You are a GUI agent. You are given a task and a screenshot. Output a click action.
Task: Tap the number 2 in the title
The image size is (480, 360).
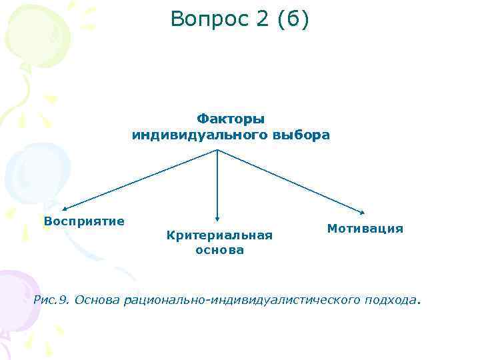click(255, 19)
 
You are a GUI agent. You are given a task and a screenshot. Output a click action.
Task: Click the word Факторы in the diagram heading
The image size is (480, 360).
click(231, 119)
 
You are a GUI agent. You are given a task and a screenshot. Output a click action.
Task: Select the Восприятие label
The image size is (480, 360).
click(84, 221)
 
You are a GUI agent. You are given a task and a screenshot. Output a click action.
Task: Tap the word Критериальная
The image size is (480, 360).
click(219, 235)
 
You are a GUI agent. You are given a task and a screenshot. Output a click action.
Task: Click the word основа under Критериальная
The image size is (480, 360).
click(219, 250)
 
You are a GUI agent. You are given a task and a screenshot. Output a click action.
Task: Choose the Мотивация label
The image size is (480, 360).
click(365, 228)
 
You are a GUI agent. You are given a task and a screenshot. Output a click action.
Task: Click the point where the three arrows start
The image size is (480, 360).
click(218, 149)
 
